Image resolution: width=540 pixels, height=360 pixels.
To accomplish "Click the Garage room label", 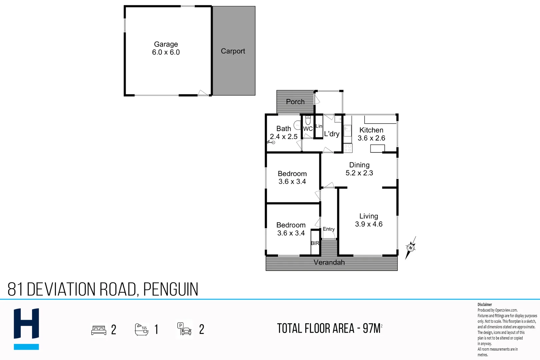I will tap(166, 44).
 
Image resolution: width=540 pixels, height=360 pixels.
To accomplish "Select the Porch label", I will tap(295, 102).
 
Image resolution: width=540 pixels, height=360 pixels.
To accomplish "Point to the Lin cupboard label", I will tap(319, 126).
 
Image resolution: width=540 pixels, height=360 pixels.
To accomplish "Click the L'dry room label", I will tap(331, 134).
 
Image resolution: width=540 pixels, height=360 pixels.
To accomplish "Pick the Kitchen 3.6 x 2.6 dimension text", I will tap(371, 138).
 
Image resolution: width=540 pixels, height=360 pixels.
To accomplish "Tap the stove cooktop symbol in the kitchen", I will tap(348, 148).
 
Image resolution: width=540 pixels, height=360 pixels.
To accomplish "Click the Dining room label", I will tap(359, 165).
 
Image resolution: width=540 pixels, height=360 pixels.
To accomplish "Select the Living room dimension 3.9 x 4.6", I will tap(368, 224).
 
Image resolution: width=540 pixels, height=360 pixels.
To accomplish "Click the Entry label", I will tap(329, 229).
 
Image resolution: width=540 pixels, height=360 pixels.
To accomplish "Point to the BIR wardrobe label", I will tap(315, 243).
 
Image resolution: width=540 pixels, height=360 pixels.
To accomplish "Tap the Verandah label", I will tap(329, 263).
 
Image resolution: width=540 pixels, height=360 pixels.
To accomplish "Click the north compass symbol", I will tap(410, 248).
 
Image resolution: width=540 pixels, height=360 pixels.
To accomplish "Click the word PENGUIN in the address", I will tap(171, 289).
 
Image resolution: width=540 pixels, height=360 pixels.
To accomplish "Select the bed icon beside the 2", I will tap(99, 330).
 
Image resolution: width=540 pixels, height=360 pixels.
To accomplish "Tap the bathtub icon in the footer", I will tap(141, 329).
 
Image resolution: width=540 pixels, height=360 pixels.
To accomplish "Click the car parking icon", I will tap(184, 329).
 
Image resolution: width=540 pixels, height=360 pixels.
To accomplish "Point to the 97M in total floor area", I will tap(371, 329).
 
